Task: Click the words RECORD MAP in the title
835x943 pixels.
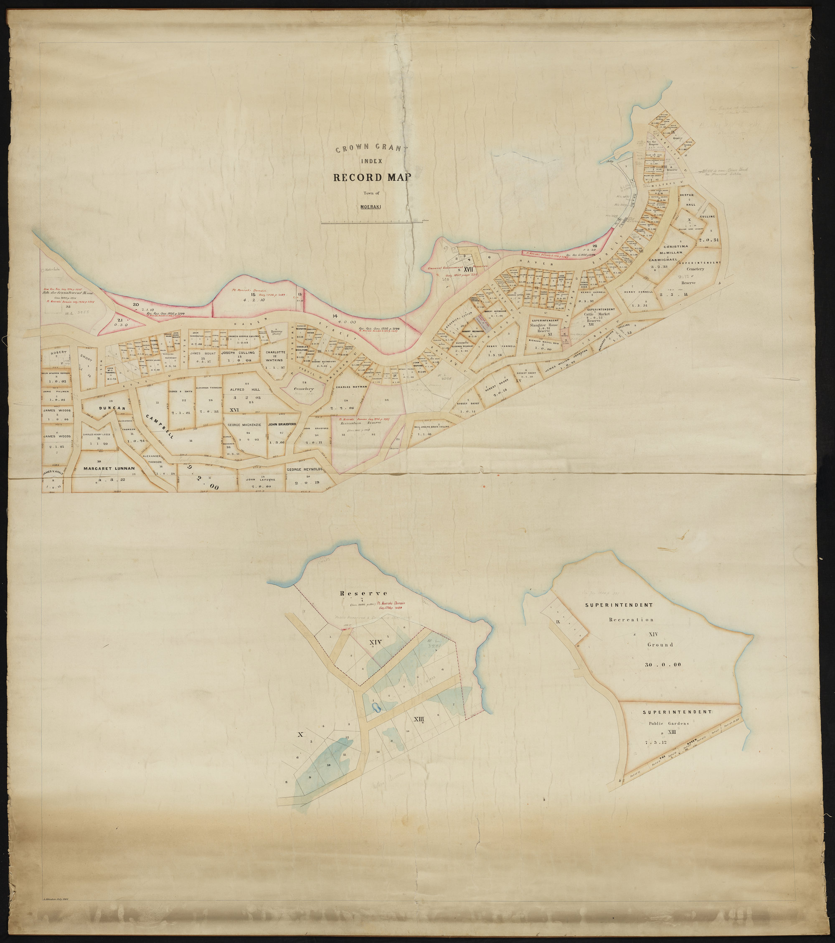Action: click(372, 177)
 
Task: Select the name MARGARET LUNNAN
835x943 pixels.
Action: click(109, 468)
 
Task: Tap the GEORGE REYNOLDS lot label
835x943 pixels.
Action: click(305, 470)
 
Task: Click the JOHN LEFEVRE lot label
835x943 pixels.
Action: click(261, 479)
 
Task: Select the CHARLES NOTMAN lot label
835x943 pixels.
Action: click(351, 387)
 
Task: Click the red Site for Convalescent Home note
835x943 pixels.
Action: click(68, 293)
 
